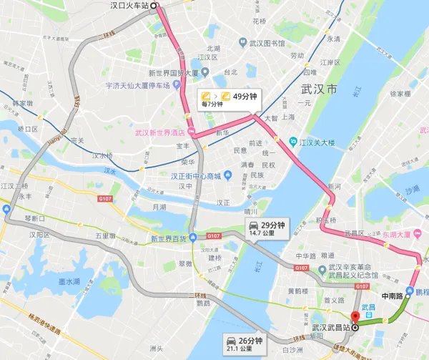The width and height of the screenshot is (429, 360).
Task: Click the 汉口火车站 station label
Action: pyautogui.click(x=129, y=5)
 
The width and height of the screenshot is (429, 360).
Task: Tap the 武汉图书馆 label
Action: pyautogui.click(x=270, y=44)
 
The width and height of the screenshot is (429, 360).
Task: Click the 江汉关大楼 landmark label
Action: pyautogui.click(x=317, y=142)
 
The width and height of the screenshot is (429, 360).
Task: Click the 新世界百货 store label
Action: pyautogui.click(x=167, y=238)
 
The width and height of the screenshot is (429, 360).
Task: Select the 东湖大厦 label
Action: pyautogui.click(x=410, y=233)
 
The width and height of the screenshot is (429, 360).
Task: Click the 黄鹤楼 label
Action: pyautogui.click(x=297, y=291)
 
